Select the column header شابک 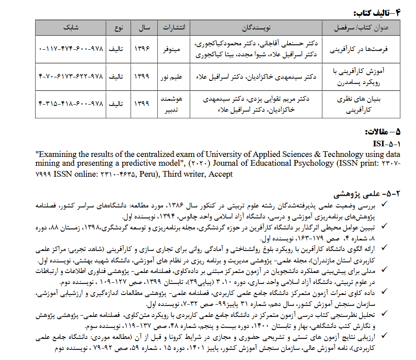click(x=70, y=27)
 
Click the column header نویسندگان click(x=256, y=27)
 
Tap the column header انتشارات click(x=174, y=27)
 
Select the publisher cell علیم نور click(x=174, y=76)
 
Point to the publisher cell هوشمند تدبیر click(x=174, y=104)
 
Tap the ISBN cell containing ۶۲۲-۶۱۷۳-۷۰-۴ click(x=70, y=76)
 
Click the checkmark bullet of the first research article click(x=385, y=204)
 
